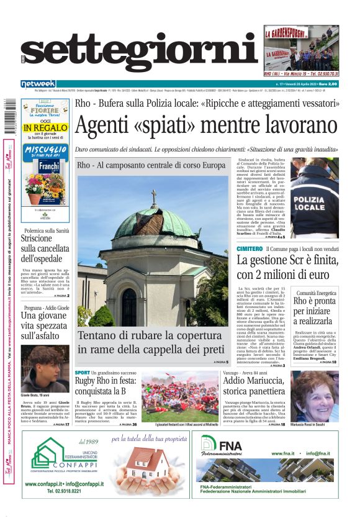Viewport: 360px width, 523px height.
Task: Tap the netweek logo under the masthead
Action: (x=38, y=84)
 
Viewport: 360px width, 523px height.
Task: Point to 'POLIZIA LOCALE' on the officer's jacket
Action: (x=315, y=202)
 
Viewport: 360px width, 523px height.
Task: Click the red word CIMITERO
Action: (x=250, y=248)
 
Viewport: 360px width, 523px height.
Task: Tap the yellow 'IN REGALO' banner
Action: (x=45, y=128)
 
